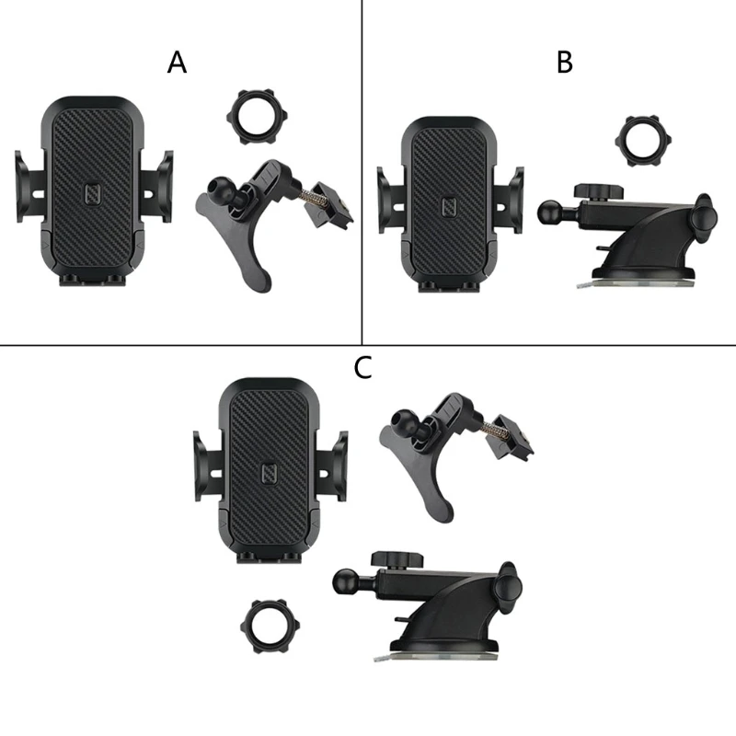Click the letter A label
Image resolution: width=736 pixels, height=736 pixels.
177,63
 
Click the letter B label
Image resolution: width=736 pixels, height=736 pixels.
565,63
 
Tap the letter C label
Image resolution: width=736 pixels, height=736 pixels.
363,368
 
